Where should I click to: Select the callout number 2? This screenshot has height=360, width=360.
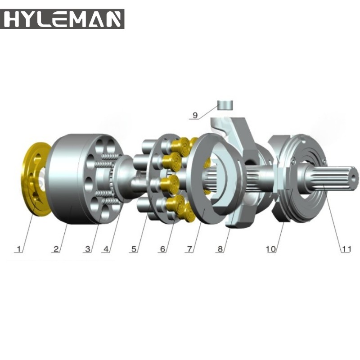coord(55,248)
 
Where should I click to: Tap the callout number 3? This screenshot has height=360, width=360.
coord(87,248)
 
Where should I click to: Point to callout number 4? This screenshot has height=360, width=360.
coord(105,248)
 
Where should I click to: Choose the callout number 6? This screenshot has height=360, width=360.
coord(162,248)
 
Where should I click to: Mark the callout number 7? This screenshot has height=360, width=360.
coord(191,248)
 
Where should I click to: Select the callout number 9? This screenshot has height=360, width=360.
coord(194,115)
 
